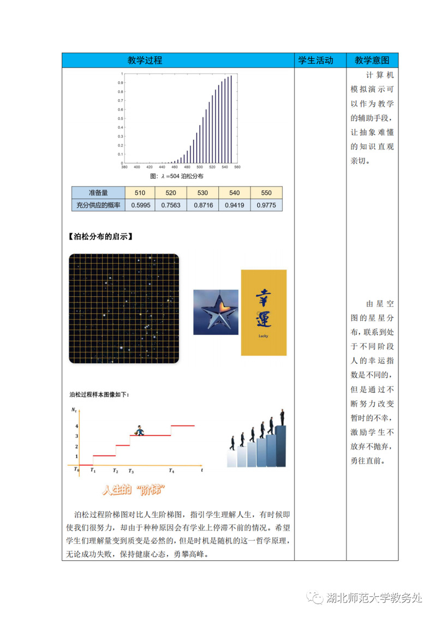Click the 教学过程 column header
(178, 60)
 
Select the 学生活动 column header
(315, 60)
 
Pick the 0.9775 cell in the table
(267, 205)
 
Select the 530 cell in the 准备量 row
(203, 193)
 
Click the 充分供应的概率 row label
(99, 205)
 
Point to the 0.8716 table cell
(203, 205)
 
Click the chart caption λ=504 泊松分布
(176, 176)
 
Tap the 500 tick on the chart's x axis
(200, 167)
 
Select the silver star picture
(216, 312)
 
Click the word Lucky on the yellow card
(264, 336)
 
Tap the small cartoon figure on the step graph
(140, 430)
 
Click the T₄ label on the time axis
(171, 470)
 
